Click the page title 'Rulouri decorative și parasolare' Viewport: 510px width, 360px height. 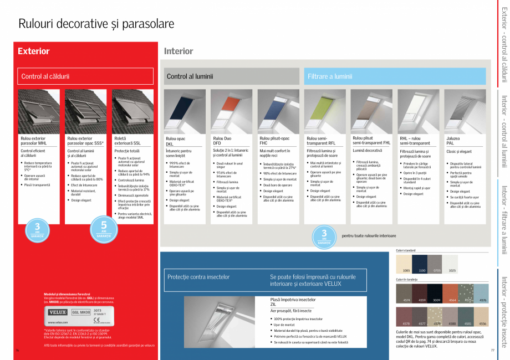point(96,24)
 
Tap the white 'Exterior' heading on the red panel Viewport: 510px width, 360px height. point(33,52)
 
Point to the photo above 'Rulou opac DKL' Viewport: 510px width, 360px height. point(185,111)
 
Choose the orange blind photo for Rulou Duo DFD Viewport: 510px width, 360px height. point(232,111)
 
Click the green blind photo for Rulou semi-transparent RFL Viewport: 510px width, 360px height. point(325,111)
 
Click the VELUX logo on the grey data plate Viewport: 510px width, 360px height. point(58,312)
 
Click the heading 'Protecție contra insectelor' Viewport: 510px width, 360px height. point(198,276)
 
